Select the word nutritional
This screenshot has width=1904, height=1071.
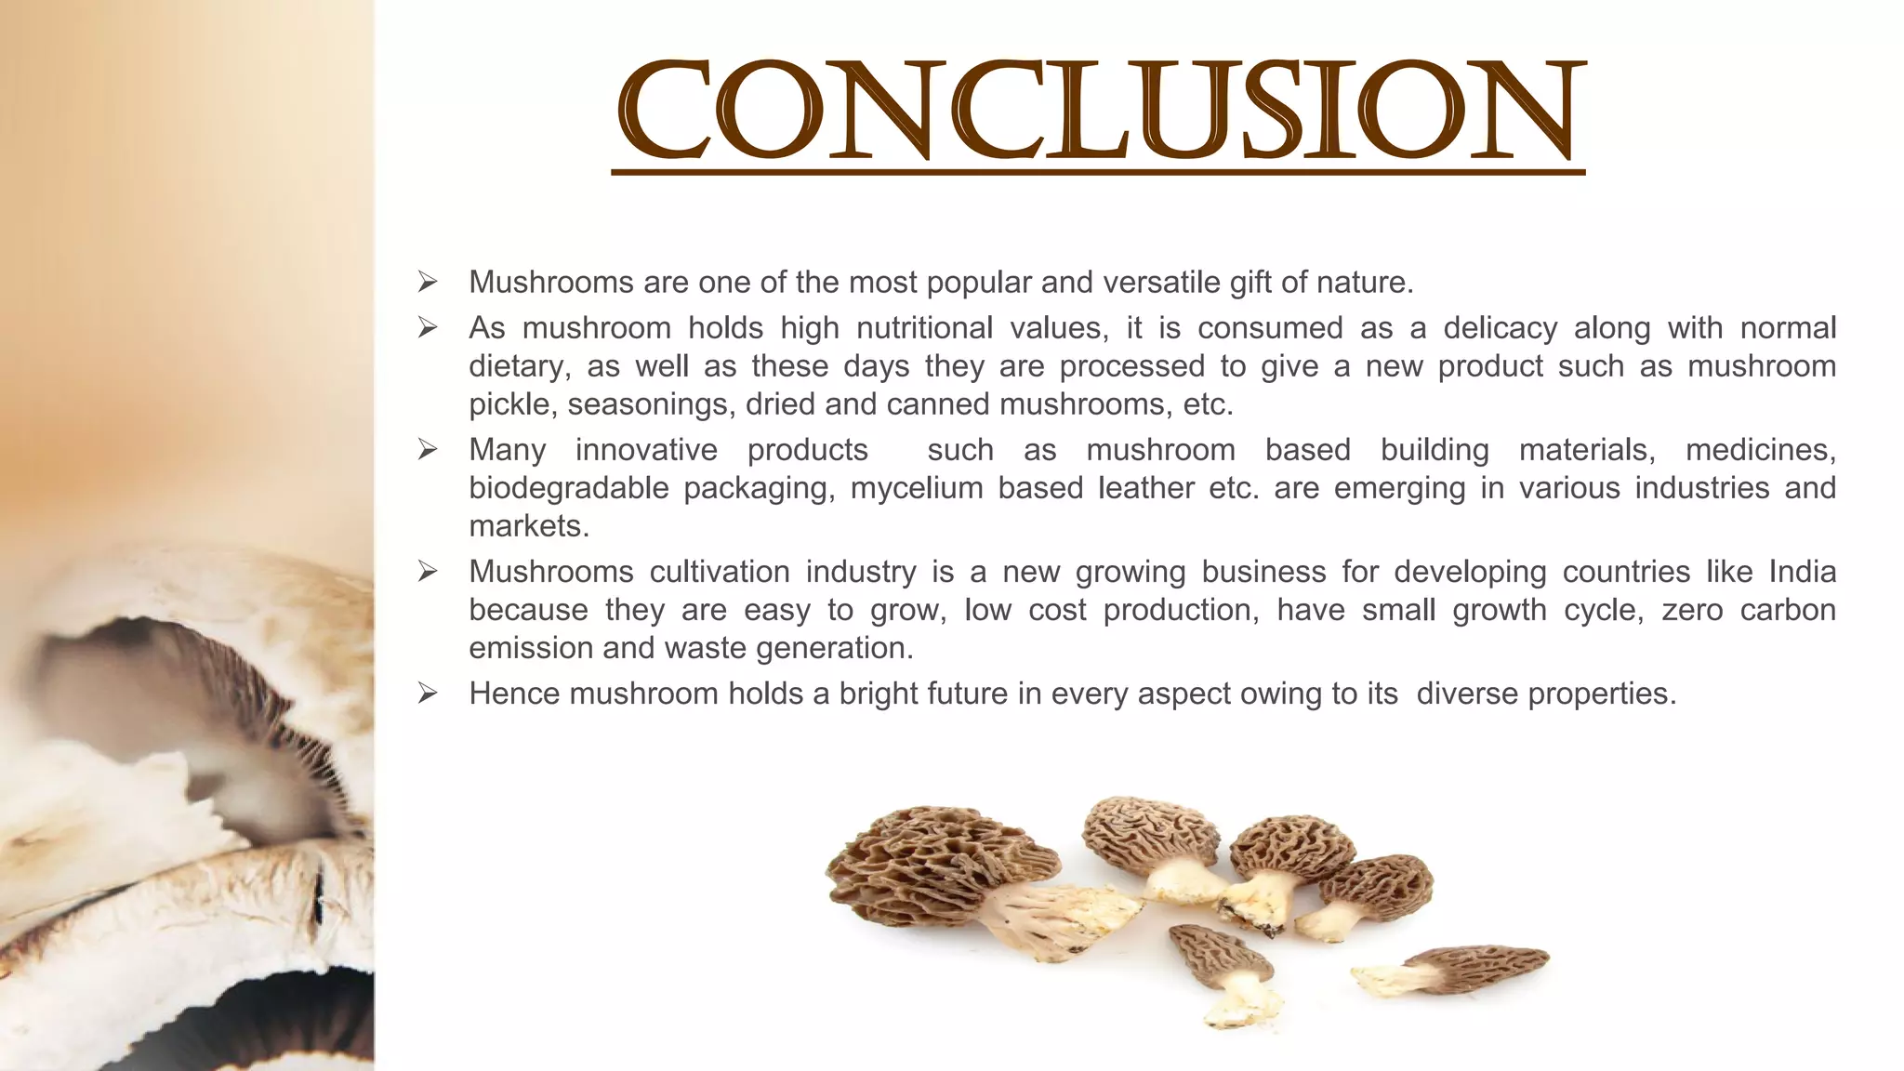[x=924, y=327]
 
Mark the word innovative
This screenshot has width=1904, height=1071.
[x=646, y=450]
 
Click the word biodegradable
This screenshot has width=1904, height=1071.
[x=568, y=488]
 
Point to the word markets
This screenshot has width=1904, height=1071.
[x=528, y=526]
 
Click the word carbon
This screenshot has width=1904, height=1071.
[x=1788, y=610]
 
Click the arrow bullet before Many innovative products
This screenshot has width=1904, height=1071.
[x=428, y=450]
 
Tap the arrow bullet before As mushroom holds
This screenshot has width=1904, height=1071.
[x=428, y=327]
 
